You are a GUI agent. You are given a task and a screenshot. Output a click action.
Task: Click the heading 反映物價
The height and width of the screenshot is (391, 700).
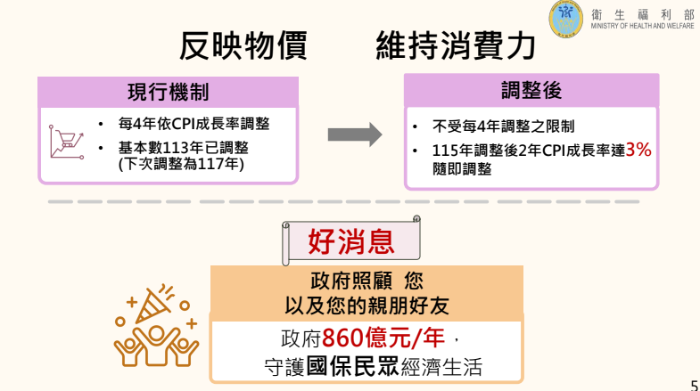(243, 45)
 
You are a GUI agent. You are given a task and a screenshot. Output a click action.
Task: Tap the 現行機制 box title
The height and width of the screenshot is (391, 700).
(168, 92)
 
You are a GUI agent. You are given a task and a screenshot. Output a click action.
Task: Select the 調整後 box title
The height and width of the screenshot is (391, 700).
(531, 91)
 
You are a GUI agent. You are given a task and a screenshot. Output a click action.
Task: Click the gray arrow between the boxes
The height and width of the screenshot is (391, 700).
(354, 134)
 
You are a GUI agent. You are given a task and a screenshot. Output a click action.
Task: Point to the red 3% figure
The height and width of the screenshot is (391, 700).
(638, 150)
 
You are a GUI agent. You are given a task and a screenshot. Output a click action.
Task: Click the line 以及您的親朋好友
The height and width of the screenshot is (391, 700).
(366, 305)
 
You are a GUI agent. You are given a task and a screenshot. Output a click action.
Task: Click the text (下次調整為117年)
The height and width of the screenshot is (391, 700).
(181, 164)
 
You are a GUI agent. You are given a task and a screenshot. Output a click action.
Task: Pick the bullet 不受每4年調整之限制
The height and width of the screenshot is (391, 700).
(503, 126)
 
